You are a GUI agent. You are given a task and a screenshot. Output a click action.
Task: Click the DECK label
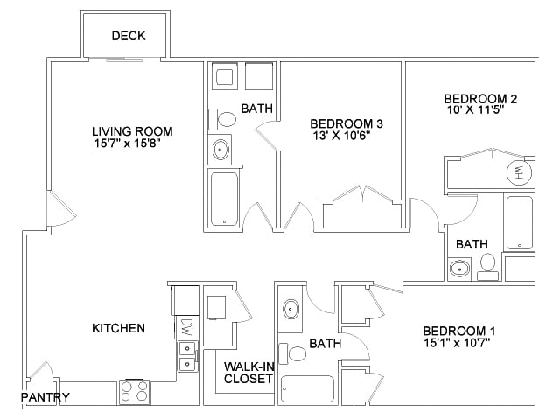[129, 36]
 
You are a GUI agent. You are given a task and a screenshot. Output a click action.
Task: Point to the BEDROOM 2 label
[480, 98]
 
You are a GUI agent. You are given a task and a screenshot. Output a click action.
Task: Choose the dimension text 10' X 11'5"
[480, 111]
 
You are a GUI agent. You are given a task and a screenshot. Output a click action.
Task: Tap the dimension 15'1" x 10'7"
[459, 343]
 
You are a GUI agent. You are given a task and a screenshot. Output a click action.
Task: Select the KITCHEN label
[118, 328]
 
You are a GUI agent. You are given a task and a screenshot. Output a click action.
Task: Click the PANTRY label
[45, 398]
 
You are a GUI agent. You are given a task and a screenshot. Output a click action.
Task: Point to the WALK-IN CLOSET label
[248, 373]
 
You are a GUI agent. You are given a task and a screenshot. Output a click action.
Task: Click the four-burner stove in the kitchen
[134, 391]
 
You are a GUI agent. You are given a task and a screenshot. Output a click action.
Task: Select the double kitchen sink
[187, 355]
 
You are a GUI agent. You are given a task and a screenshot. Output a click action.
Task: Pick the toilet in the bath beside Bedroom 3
[226, 119]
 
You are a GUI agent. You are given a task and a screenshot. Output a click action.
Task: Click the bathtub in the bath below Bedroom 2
[519, 222]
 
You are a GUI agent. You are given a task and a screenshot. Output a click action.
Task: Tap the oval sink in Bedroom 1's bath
[291, 309]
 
